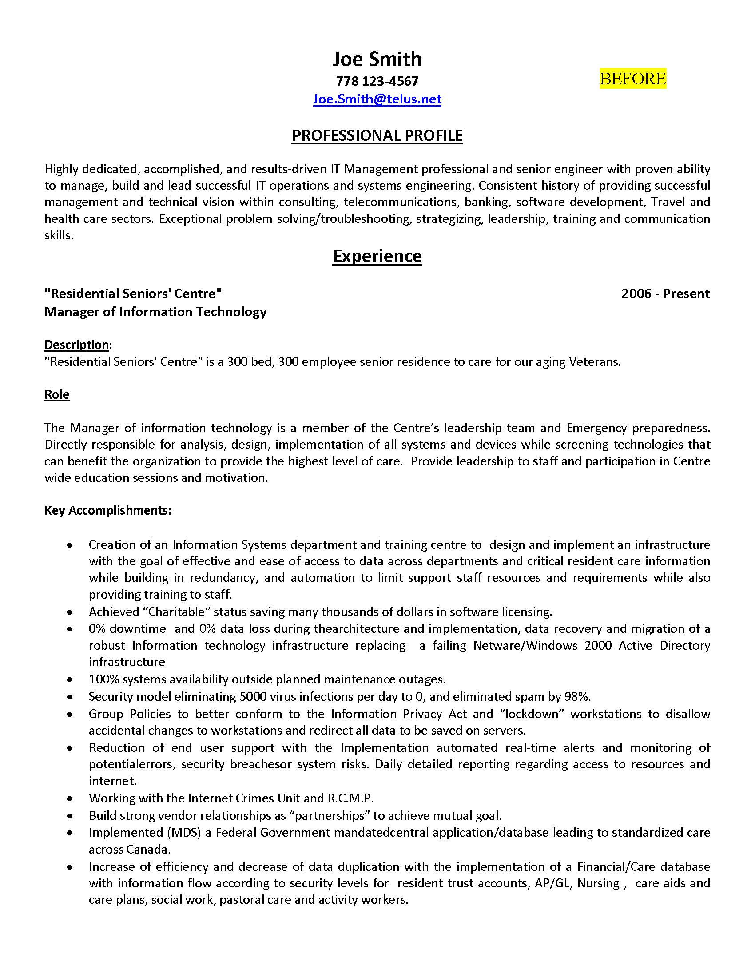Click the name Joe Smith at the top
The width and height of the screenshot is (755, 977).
point(377,59)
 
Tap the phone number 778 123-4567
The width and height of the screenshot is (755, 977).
point(377,81)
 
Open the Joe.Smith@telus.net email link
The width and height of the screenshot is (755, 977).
point(377,99)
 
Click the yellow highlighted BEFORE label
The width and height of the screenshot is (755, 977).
point(632,79)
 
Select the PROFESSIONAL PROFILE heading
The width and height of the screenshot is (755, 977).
point(377,135)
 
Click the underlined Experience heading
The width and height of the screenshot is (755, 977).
point(377,256)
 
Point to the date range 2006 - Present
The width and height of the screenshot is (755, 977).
point(665,294)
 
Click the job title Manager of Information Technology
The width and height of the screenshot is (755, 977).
point(155,312)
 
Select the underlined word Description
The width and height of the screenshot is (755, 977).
point(76,345)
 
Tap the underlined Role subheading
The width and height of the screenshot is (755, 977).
point(57,394)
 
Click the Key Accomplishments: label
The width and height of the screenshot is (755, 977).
point(108,510)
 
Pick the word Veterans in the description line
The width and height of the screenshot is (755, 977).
point(594,361)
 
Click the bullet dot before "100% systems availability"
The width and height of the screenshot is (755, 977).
point(69,680)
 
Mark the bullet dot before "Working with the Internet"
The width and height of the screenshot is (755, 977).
point(69,799)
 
